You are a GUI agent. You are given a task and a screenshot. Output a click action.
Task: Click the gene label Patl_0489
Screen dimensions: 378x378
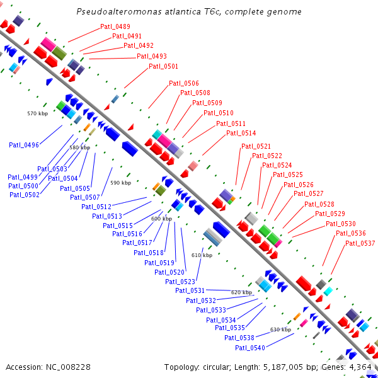pyautogui.click(x=115, y=26)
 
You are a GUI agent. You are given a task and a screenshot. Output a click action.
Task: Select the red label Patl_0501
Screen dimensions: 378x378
pyautogui.click(x=163, y=66)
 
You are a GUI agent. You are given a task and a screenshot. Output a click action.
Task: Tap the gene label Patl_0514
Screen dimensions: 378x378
pyautogui.click(x=241, y=133)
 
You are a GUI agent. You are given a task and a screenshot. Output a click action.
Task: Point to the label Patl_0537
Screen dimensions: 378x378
pyautogui.click(x=360, y=243)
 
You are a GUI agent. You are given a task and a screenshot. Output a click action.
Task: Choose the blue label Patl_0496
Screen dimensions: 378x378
pyautogui.click(x=24, y=145)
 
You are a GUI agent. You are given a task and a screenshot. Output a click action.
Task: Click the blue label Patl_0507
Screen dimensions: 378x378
pyautogui.click(x=85, y=197)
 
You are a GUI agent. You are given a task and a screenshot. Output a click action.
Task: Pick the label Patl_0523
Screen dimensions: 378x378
pyautogui.click(x=180, y=282)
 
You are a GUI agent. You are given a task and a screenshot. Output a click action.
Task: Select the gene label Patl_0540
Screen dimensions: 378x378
pyautogui.click(x=250, y=348)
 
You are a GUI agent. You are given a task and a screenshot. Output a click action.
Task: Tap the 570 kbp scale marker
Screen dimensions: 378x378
pyautogui.click(x=38, y=113)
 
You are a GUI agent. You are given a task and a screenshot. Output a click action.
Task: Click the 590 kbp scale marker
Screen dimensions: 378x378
pyautogui.click(x=121, y=183)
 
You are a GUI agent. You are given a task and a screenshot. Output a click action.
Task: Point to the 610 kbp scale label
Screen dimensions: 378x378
pyautogui.click(x=202, y=255)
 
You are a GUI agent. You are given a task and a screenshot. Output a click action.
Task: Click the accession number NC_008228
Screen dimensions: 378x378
pyautogui.click(x=68, y=367)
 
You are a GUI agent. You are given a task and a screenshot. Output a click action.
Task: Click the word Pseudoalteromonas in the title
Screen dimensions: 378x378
pyautogui.click(x=119, y=12)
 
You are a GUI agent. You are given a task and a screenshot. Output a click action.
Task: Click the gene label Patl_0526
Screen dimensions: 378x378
pyautogui.click(x=299, y=185)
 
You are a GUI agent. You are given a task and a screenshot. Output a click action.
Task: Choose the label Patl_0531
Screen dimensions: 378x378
pyautogui.click(x=190, y=290)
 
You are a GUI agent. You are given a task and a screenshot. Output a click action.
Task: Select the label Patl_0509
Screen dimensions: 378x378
pyautogui.click(x=207, y=103)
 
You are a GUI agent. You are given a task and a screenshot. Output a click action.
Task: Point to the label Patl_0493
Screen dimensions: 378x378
pyautogui.click(x=152, y=56)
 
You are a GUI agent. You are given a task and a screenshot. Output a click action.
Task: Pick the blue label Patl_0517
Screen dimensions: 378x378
pyautogui.click(x=137, y=243)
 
